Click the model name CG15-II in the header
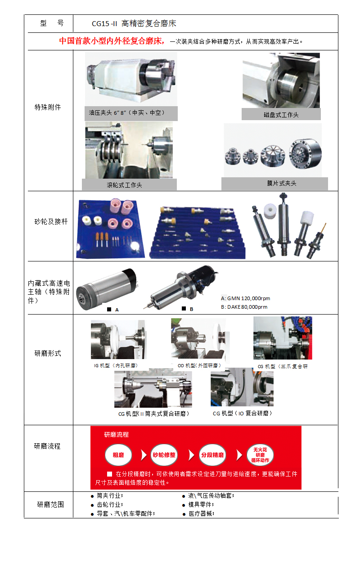click(104, 23)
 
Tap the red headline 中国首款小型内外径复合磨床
click(112, 41)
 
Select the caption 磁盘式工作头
click(281, 115)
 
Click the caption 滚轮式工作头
click(124, 185)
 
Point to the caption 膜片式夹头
click(281, 183)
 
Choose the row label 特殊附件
click(48, 107)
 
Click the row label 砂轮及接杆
click(51, 221)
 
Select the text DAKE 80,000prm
click(247, 307)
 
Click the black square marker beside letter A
click(109, 309)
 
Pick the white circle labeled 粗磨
click(118, 455)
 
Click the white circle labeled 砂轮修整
click(164, 455)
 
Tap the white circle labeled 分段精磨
click(212, 455)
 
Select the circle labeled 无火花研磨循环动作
click(260, 455)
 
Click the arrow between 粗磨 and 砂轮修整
click(144, 455)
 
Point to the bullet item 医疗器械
click(202, 514)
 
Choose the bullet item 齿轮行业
click(110, 504)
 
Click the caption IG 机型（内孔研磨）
click(116, 365)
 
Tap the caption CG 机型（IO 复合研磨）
click(243, 413)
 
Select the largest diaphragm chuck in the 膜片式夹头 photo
click(305, 153)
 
